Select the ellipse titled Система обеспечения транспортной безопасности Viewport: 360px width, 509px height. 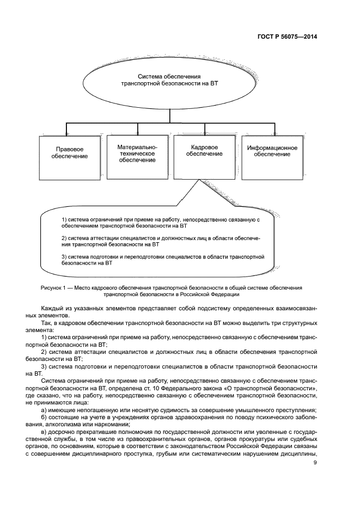[169, 81]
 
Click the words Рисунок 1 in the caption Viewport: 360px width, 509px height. [53, 287]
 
